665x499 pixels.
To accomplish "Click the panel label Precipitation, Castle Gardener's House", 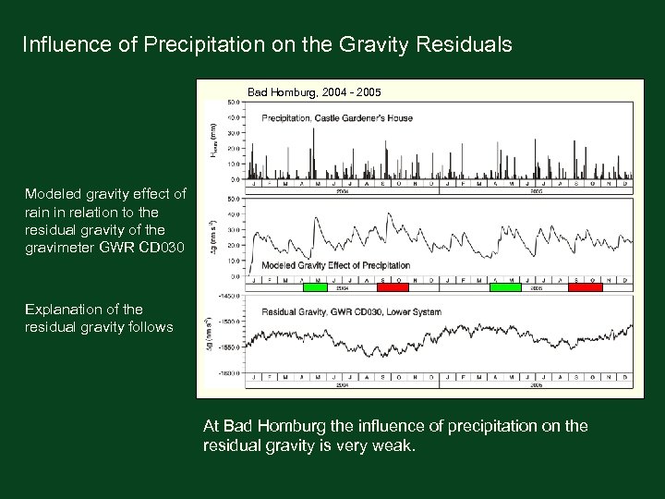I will click(336, 118).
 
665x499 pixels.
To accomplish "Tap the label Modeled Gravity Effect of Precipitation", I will click(336, 265).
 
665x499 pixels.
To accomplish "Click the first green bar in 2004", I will click(316, 287).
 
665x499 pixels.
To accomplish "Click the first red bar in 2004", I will click(393, 287).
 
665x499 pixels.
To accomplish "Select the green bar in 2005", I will click(505, 287).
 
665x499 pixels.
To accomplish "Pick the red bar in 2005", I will click(585, 287).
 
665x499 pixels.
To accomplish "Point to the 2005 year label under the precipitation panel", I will click(536, 192).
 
